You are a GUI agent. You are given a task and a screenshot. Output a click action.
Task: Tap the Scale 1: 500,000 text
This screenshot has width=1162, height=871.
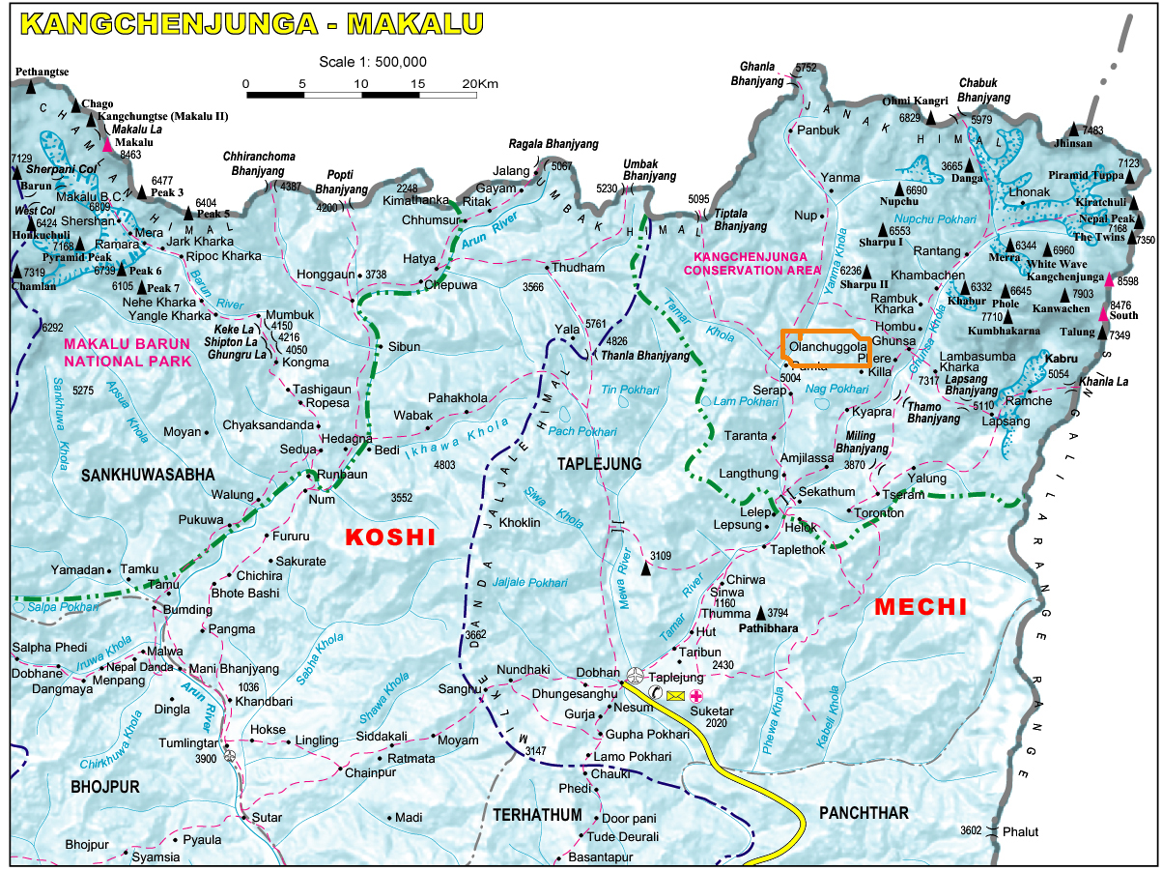tap(373, 62)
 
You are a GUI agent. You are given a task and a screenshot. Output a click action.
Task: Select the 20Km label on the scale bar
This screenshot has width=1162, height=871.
tap(480, 84)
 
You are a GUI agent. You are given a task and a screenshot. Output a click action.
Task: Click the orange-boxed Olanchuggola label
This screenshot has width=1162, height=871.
tap(826, 346)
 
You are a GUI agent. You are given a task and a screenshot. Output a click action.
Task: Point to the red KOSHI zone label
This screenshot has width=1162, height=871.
tap(390, 537)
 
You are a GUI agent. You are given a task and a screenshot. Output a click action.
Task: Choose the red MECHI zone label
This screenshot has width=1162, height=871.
tap(920, 607)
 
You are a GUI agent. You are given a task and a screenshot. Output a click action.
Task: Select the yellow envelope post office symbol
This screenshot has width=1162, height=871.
tap(674, 696)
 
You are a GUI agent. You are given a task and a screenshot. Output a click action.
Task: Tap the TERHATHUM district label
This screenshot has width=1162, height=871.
tap(537, 815)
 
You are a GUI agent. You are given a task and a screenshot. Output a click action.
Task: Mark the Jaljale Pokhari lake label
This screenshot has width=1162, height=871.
tap(529, 583)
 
